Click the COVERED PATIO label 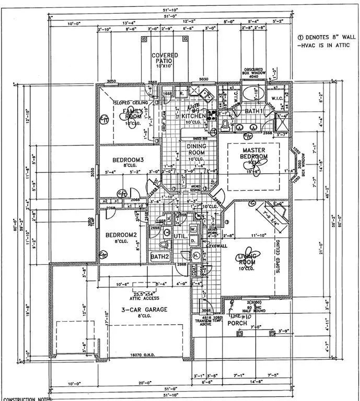[165, 58]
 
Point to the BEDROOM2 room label [120, 234]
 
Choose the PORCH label [237, 323]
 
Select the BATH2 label [160, 257]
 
